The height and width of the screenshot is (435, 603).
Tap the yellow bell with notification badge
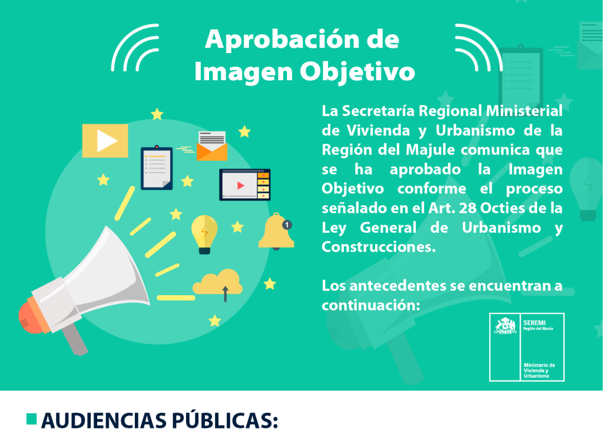[x=276, y=232]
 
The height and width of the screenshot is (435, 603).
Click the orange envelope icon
[x=212, y=146]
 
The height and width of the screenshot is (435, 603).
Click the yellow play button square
[x=105, y=140]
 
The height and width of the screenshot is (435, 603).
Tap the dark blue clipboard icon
[x=157, y=168]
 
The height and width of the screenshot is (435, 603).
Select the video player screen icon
[x=244, y=184]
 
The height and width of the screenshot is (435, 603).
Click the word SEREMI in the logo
[x=535, y=322]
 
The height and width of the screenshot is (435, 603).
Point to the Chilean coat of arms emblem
[x=505, y=326]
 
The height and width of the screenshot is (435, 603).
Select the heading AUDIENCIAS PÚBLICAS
[x=159, y=420]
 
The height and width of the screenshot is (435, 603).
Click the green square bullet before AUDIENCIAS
[x=32, y=419]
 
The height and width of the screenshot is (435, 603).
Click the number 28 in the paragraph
[x=468, y=208]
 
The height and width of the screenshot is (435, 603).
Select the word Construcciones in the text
[x=379, y=247]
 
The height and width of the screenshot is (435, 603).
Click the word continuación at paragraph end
[x=371, y=306]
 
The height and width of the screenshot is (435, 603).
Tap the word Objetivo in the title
[x=357, y=72]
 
